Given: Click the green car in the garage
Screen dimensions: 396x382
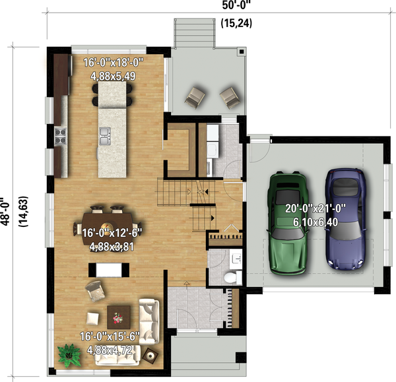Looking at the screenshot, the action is (287, 223).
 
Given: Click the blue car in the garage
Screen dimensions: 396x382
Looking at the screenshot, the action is (346, 219).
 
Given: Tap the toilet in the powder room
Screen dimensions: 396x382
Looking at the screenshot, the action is (233, 277).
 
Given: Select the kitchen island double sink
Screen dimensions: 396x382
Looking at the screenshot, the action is (105, 136).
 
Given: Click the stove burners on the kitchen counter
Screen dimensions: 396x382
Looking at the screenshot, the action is (60, 137).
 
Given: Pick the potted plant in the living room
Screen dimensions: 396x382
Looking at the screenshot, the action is (69, 355).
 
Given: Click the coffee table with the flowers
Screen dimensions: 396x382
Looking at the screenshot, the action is (119, 317).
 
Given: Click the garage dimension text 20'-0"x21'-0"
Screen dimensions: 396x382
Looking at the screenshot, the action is (315, 208).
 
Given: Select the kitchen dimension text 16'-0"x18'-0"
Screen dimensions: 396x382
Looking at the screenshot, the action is (114, 63).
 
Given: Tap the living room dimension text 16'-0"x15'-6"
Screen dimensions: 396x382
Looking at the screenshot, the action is (110, 336).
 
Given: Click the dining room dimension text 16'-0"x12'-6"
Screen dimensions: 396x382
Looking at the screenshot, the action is (112, 232).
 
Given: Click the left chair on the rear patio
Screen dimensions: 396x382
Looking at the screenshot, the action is (195, 98).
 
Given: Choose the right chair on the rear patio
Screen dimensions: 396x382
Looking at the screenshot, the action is (230, 98).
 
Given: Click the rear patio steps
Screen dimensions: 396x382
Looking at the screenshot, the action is (195, 33).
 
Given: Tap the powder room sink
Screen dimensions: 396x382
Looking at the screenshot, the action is (237, 259).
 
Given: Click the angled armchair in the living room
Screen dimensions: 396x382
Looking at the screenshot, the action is (95, 291).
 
